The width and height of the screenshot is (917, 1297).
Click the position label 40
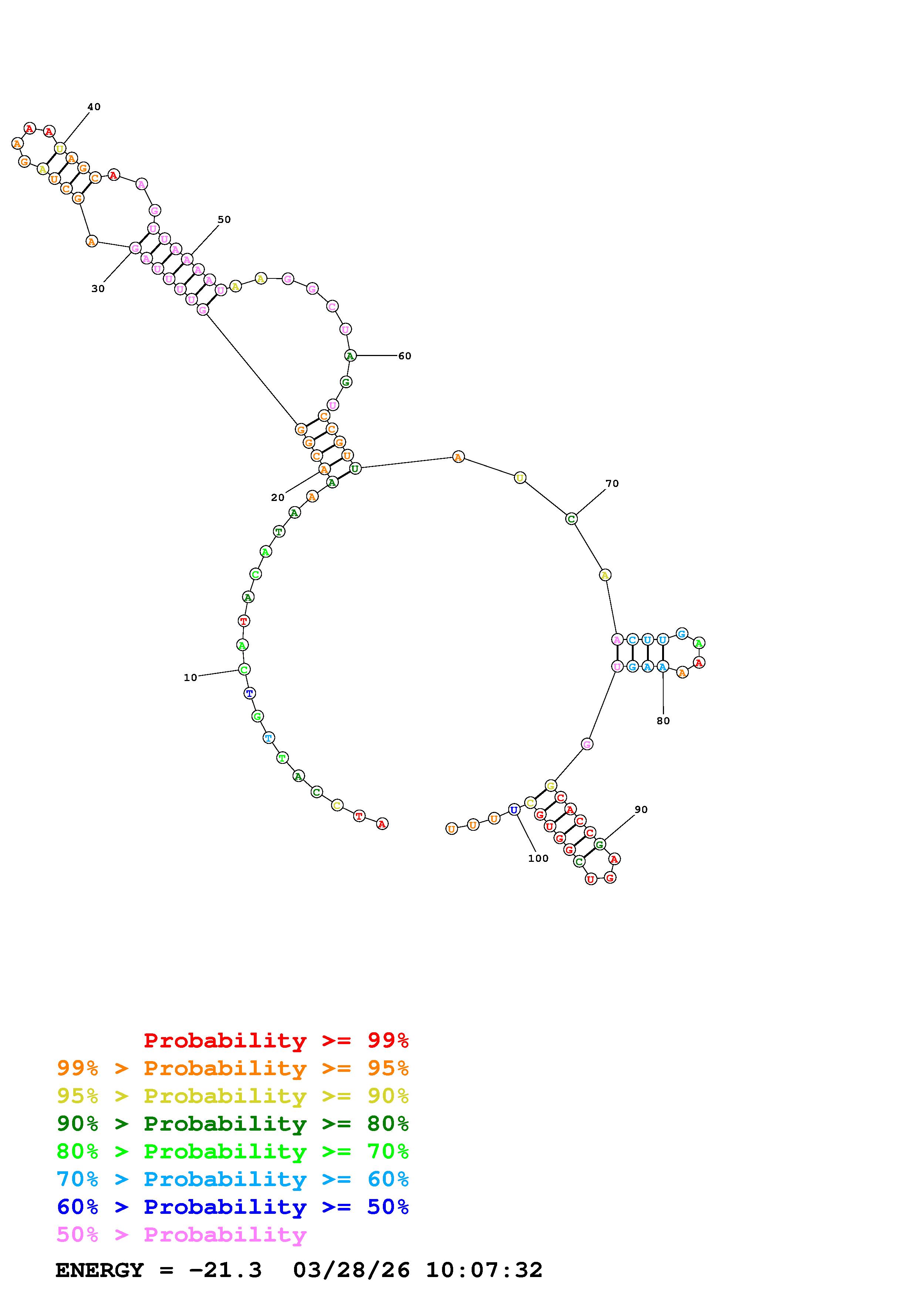click(94, 107)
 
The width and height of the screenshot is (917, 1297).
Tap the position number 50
click(224, 220)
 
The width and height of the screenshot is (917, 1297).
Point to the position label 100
click(538, 859)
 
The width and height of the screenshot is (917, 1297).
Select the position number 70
click(612, 484)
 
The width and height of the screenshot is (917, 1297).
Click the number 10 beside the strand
click(191, 677)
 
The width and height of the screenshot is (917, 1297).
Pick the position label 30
click(98, 289)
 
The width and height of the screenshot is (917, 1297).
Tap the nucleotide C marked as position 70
click(571, 519)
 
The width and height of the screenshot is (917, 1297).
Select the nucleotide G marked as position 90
click(600, 844)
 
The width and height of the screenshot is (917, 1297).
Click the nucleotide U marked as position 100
click(513, 809)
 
